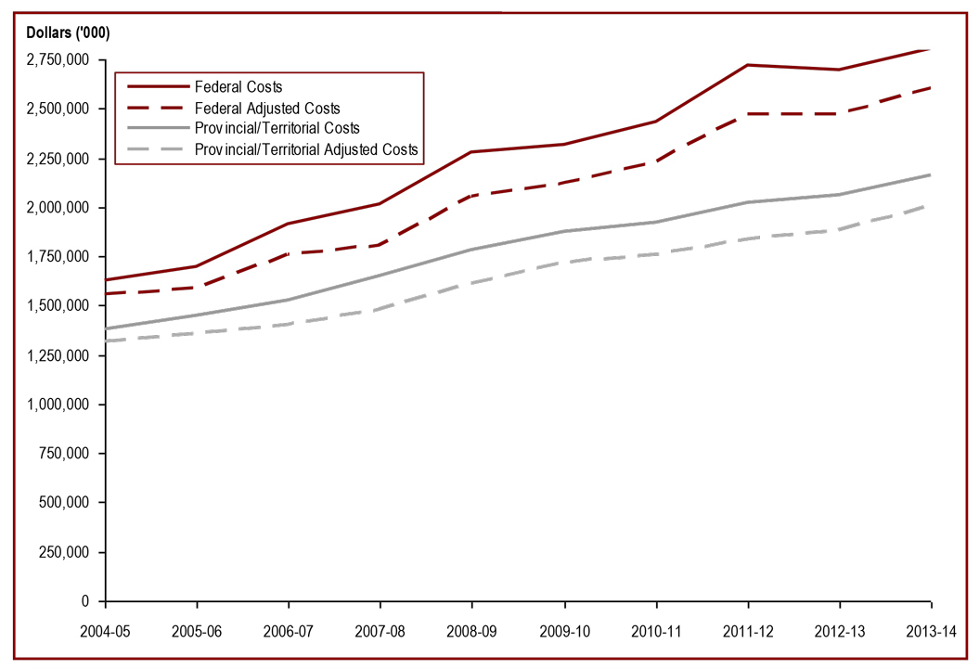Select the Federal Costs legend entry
[x=238, y=88]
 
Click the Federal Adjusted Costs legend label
[x=267, y=109]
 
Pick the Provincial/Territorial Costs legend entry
[x=277, y=128]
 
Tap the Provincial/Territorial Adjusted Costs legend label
[x=306, y=148]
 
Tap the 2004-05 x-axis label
[x=106, y=630]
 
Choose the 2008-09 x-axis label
[x=472, y=630]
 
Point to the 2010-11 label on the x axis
[x=656, y=630]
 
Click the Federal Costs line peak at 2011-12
[x=748, y=65]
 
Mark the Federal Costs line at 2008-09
[x=472, y=152]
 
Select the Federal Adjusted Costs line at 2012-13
[x=840, y=113]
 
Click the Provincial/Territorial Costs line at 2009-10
[x=564, y=231]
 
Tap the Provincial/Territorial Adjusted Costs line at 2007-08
[x=380, y=309]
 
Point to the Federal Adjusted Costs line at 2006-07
[x=289, y=253]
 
